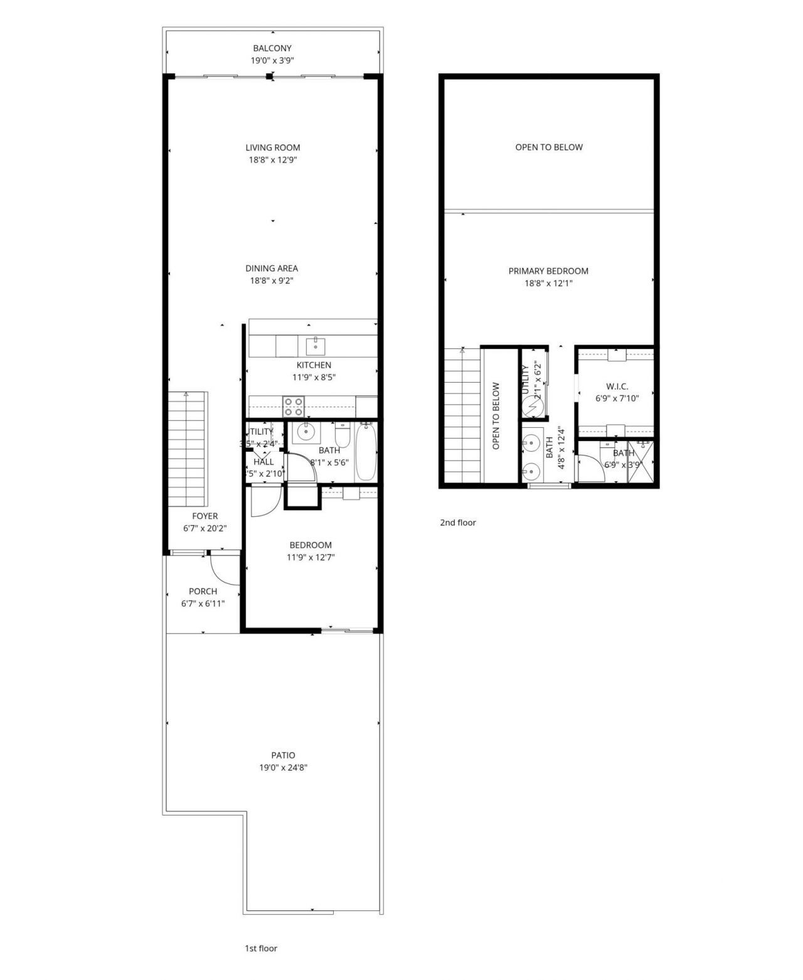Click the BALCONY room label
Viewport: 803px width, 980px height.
pos(272,48)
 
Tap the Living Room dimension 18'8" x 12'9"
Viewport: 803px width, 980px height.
pos(272,160)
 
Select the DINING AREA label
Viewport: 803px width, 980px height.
pos(272,269)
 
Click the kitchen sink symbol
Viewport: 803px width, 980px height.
pos(315,345)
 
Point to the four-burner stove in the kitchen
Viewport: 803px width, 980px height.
pos(294,407)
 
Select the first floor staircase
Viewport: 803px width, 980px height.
pos(188,449)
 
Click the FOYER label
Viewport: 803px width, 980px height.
pos(205,516)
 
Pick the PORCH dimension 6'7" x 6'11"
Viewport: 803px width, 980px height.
pos(203,604)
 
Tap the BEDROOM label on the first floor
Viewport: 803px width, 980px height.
pos(311,545)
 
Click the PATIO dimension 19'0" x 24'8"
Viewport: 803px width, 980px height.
pos(284,767)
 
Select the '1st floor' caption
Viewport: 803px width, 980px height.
pos(261,949)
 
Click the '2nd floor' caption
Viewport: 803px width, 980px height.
pos(458,523)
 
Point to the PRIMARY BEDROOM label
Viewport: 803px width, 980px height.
pos(548,271)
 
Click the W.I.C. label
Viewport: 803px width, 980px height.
pos(617,386)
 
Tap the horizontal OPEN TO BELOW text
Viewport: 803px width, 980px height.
pos(549,147)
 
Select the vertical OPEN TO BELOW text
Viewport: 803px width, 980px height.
pos(496,416)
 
